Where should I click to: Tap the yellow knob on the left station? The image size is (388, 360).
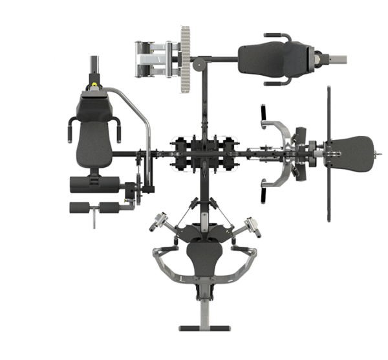pyautogui.click(x=96, y=84)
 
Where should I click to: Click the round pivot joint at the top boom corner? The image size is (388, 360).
pyautogui.click(x=200, y=65)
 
